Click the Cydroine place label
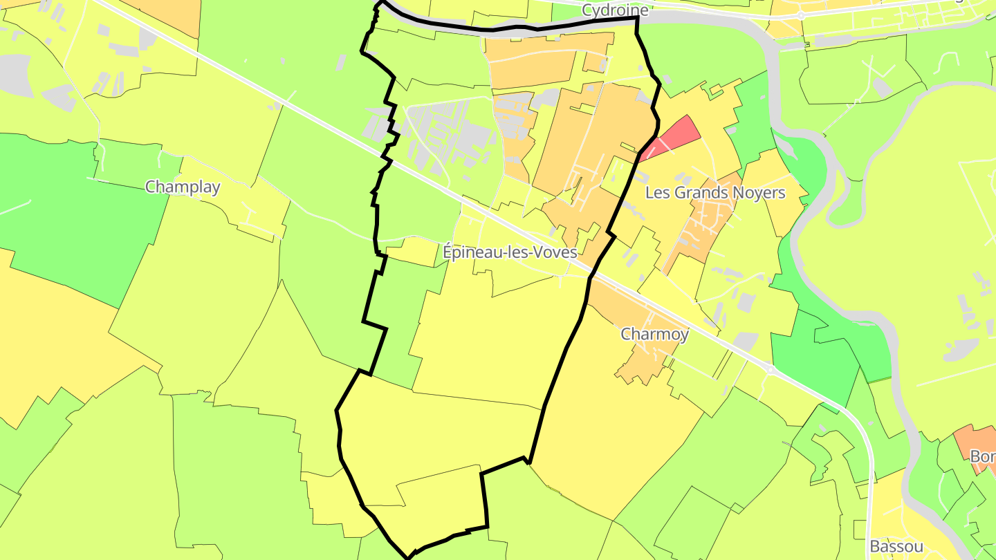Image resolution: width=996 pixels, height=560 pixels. click(x=615, y=10)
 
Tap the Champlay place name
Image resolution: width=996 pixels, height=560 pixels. click(x=183, y=187)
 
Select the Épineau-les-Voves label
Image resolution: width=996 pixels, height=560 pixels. click(x=510, y=252)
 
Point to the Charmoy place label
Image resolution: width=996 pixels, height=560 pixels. click(x=654, y=335)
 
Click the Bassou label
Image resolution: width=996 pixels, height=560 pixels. click(x=896, y=546)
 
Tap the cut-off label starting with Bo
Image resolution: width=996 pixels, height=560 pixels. click(x=982, y=457)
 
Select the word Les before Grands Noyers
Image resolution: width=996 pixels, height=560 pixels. click(x=657, y=193)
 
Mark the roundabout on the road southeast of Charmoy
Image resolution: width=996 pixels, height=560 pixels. click(x=770, y=370)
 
